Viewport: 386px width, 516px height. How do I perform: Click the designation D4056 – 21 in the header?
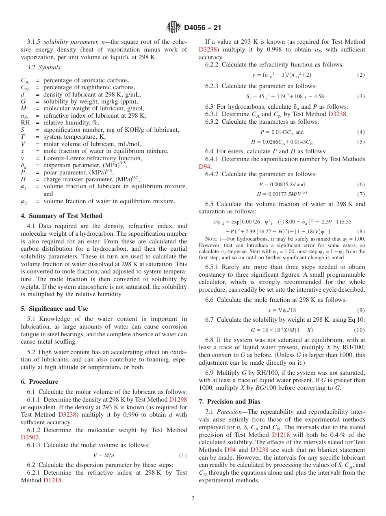[x=202, y=28]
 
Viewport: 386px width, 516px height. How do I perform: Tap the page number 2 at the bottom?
[x=193, y=499]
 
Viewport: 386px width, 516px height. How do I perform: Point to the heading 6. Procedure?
[x=39, y=382]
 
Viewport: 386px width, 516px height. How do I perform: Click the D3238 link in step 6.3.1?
[x=337, y=114]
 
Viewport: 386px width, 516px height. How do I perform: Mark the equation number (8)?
[x=361, y=232]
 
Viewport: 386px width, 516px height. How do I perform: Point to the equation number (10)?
[x=359, y=330]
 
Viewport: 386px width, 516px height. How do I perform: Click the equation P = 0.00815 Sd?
[x=282, y=184]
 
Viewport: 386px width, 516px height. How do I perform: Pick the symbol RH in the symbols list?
[x=25, y=123]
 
